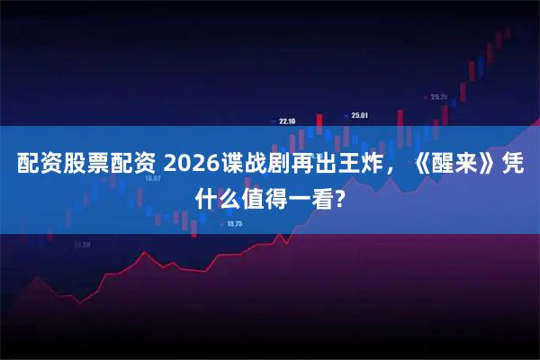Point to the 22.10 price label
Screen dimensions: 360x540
tap(287, 120)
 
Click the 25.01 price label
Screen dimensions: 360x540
tap(360, 115)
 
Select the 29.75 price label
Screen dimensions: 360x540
tap(439, 96)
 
